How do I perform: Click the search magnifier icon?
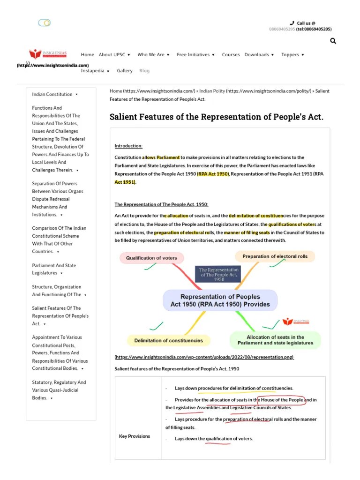coord(333,41)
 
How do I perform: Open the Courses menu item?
coord(231,54)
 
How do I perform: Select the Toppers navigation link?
coord(290,54)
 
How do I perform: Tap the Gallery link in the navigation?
coord(125,70)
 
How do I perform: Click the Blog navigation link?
coord(144,70)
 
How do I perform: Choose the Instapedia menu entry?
coord(93,70)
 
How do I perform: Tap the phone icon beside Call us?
coord(292,22)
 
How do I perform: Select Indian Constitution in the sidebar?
coord(52,94)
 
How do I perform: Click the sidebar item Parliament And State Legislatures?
coord(53,269)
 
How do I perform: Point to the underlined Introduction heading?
coord(128,146)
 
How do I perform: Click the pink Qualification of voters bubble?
coord(151,258)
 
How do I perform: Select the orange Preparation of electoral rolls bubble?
coord(275,256)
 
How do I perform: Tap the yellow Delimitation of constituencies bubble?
coord(162,340)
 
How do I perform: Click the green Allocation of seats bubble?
coord(275,340)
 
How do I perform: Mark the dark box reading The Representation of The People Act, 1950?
coord(219,274)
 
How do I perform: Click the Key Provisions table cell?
coord(135,436)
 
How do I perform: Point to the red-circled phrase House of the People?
coord(282,400)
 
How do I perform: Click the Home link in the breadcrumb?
coord(116,91)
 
